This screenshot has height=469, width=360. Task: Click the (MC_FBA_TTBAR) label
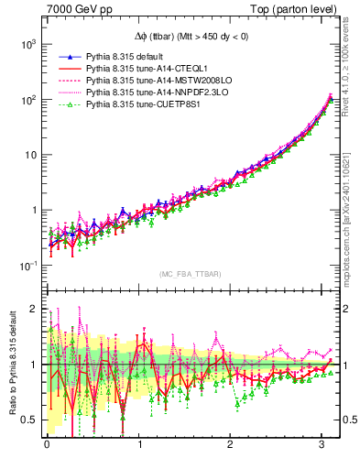pyautogui.click(x=191, y=275)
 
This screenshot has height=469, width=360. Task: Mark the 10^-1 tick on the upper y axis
pyautogui.click(x=26, y=265)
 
